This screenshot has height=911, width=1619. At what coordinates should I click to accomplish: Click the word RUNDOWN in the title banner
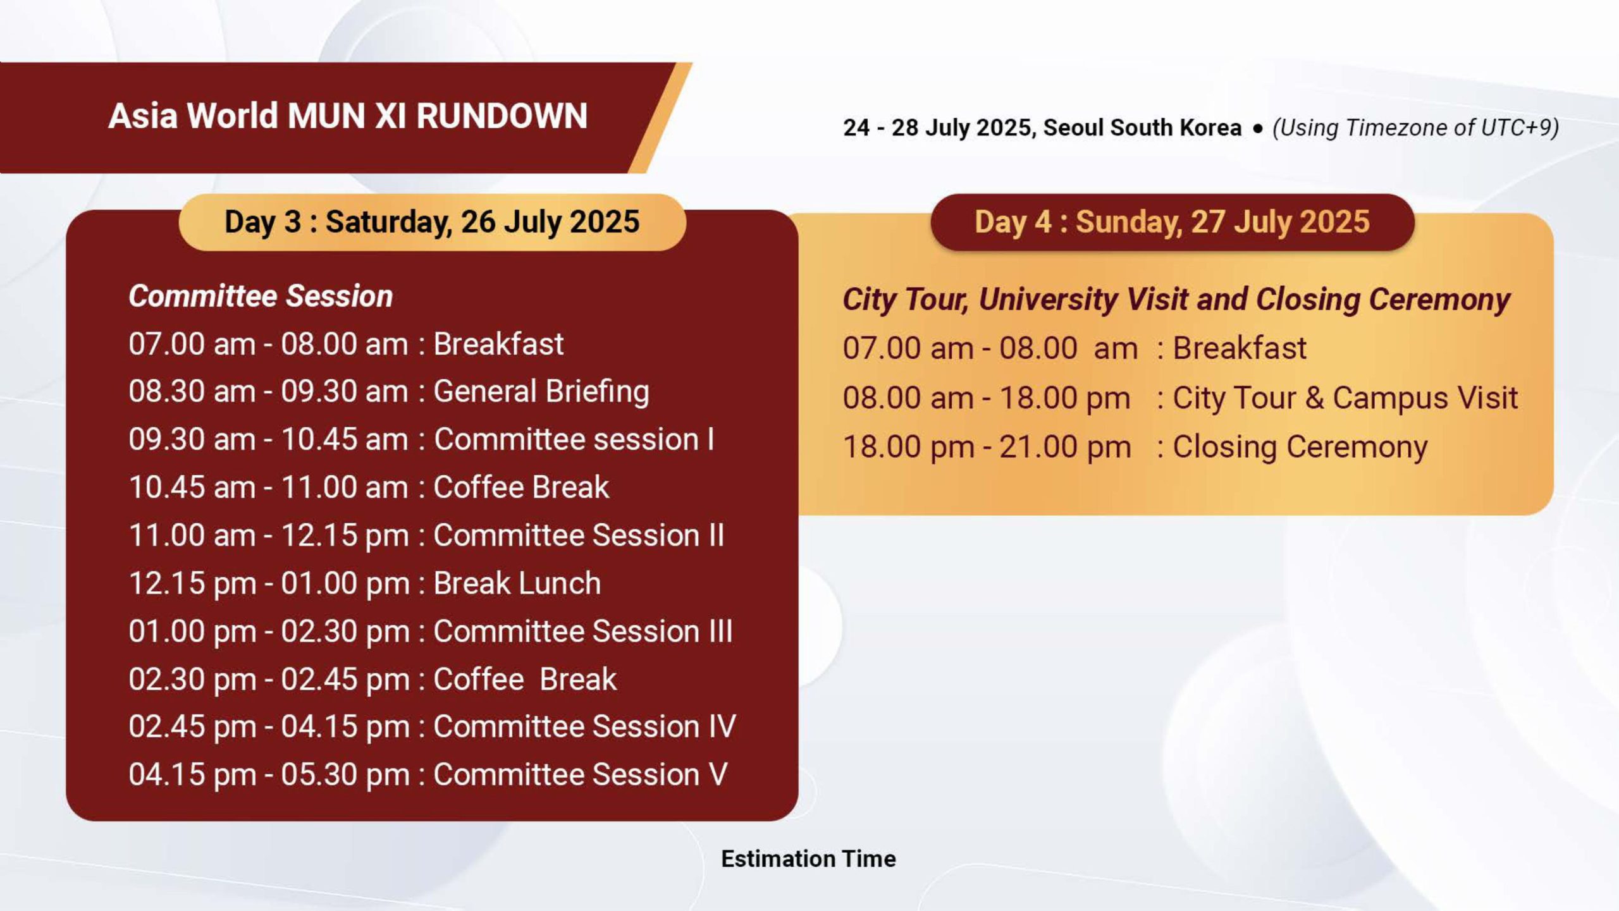click(x=502, y=116)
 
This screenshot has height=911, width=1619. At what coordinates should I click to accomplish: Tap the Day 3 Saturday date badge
click(x=433, y=223)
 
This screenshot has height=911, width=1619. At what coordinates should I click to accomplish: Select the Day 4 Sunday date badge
click(x=1173, y=223)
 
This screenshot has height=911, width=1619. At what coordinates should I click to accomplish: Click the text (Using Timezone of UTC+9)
click(x=1415, y=128)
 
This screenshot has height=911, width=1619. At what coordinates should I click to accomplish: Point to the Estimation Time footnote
click(x=808, y=859)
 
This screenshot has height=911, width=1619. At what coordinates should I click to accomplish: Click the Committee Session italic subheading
click(x=261, y=297)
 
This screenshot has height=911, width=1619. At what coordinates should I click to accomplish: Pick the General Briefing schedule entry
click(x=541, y=391)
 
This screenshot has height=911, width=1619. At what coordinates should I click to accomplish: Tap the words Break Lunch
click(x=517, y=583)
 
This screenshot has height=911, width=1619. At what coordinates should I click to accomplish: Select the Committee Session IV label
click(x=585, y=726)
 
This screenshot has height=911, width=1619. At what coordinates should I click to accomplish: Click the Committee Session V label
click(x=581, y=774)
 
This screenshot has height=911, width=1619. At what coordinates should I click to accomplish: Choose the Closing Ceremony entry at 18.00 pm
click(x=1300, y=447)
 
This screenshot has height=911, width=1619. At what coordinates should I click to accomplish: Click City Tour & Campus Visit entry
click(x=1345, y=398)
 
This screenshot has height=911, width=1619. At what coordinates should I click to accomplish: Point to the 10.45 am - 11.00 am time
click(x=268, y=487)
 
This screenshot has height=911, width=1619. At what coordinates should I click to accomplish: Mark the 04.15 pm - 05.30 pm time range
click(x=269, y=775)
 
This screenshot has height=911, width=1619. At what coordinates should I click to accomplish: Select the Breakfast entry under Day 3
click(x=498, y=345)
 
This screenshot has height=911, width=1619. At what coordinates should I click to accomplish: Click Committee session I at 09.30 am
click(x=574, y=439)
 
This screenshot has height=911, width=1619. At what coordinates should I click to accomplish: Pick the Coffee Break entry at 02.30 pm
click(x=525, y=679)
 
